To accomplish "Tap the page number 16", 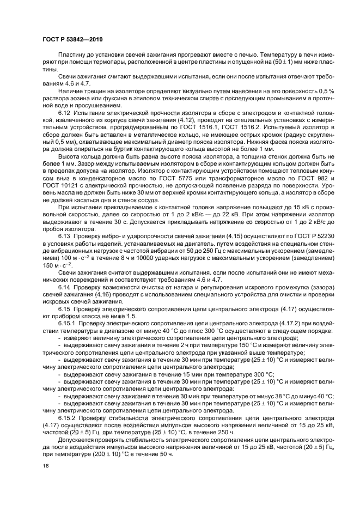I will [x=46, y=466].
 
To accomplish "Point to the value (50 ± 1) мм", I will [x=282, y=63].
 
